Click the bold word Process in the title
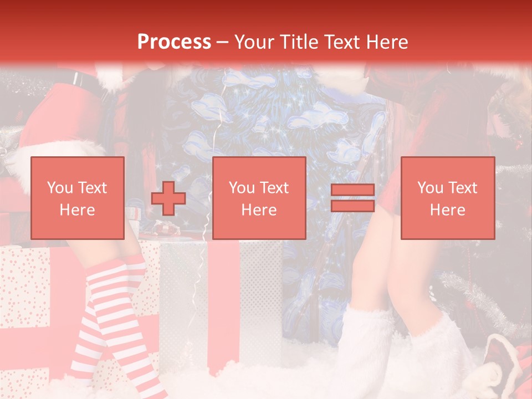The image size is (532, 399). (174, 42)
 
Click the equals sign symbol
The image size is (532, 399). (352, 198)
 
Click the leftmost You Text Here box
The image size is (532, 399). (78, 198)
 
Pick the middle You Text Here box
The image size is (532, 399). (259, 198)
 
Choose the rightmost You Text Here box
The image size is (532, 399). (448, 198)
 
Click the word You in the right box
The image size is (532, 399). (430, 188)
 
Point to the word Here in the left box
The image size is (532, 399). (78, 210)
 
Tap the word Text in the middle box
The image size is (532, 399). (275, 188)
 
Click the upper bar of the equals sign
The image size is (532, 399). (352, 190)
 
